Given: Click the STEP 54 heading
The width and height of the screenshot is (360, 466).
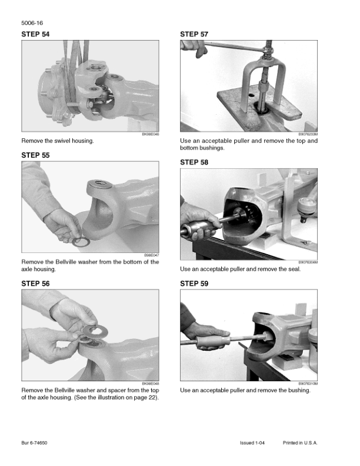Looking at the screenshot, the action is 35,34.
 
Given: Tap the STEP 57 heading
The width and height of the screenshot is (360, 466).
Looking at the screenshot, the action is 194,34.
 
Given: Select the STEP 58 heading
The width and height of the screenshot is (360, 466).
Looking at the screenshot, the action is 194,162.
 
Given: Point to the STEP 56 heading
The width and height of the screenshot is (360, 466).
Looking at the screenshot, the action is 35,284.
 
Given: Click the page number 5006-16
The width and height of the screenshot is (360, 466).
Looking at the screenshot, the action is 32,23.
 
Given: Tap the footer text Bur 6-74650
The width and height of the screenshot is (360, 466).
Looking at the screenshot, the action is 34,443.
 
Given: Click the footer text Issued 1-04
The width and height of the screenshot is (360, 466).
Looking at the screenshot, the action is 252,443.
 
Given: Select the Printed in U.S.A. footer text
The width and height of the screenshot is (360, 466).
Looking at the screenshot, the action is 300,443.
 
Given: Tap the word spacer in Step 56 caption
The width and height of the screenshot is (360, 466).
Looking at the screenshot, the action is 116,390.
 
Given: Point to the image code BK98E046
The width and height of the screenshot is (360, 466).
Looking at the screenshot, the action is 151,134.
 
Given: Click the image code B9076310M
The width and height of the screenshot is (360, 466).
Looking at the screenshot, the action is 308,384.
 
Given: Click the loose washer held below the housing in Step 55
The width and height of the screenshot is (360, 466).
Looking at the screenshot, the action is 81,242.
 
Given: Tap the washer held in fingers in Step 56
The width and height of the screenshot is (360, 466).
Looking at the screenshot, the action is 95,330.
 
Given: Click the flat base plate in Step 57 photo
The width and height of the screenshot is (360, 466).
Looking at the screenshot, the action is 258,108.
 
